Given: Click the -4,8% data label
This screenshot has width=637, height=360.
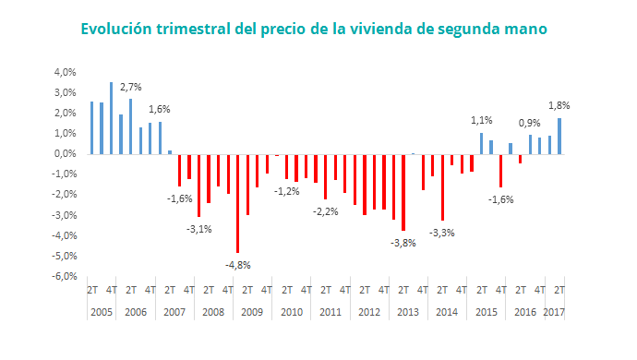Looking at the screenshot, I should click(x=238, y=264).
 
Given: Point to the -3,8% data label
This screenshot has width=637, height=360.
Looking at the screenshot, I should click(x=403, y=243).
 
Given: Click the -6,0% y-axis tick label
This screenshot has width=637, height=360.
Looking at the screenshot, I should click(x=64, y=276).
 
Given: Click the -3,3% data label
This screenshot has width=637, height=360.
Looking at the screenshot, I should click(x=442, y=232).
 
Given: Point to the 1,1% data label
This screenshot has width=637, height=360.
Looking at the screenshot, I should click(x=482, y=121).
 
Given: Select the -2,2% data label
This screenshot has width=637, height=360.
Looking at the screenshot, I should click(x=325, y=211).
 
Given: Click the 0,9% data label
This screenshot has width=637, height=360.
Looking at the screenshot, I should click(x=530, y=123).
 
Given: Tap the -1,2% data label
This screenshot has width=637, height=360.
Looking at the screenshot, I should click(x=286, y=190).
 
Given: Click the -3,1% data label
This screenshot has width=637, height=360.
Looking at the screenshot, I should click(x=199, y=228).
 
